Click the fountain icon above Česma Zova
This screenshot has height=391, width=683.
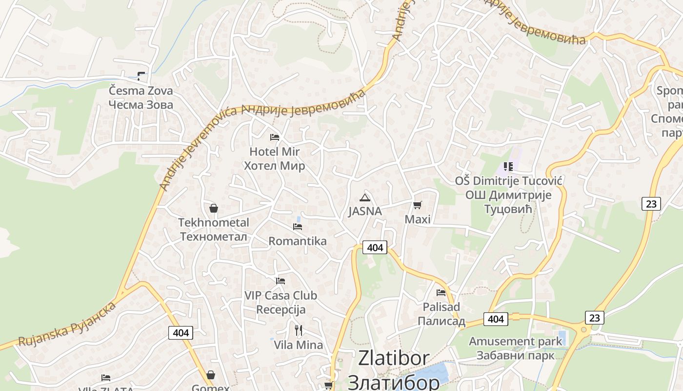coord(141,76)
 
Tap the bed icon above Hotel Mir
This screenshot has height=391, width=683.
coord(275,137)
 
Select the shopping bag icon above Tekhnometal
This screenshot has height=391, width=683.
coord(213,208)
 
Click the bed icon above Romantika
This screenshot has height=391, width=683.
coord(298,227)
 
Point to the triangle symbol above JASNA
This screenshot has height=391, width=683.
coord(364,197)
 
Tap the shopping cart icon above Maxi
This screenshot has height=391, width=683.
coord(417,205)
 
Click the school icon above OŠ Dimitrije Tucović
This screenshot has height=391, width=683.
coord(508,167)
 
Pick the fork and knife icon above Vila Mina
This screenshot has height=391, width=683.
coord(299,330)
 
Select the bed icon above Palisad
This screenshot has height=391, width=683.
coord(441,293)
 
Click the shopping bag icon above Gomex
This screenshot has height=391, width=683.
coord(211,375)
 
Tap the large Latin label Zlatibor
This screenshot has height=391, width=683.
coord(394,358)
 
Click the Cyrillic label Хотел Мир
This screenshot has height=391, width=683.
coord(275,166)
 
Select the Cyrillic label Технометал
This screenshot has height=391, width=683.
coord(214,237)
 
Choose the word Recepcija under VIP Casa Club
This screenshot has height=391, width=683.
coord(281,309)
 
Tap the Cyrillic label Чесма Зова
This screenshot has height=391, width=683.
coord(141,105)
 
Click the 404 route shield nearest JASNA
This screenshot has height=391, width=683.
coord(375,247)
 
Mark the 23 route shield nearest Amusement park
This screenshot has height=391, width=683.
coord(594,318)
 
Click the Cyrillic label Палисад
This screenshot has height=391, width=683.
coord(441,322)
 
